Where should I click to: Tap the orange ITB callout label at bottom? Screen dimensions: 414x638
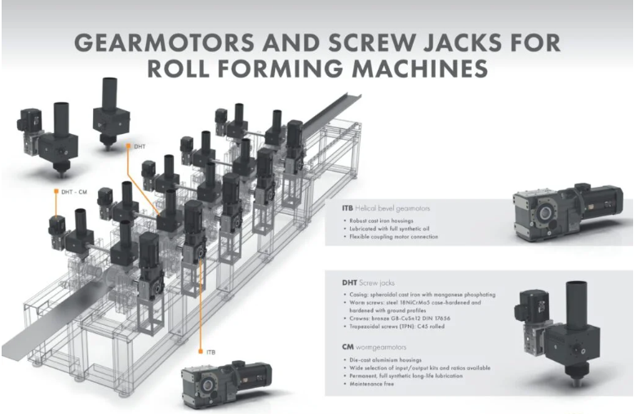click(210, 351)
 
